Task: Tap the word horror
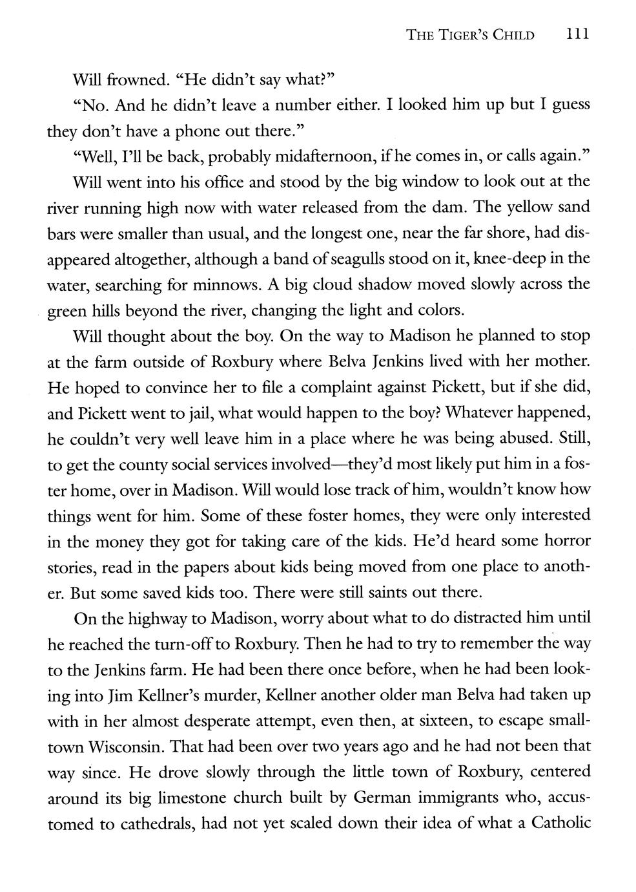(564, 540)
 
